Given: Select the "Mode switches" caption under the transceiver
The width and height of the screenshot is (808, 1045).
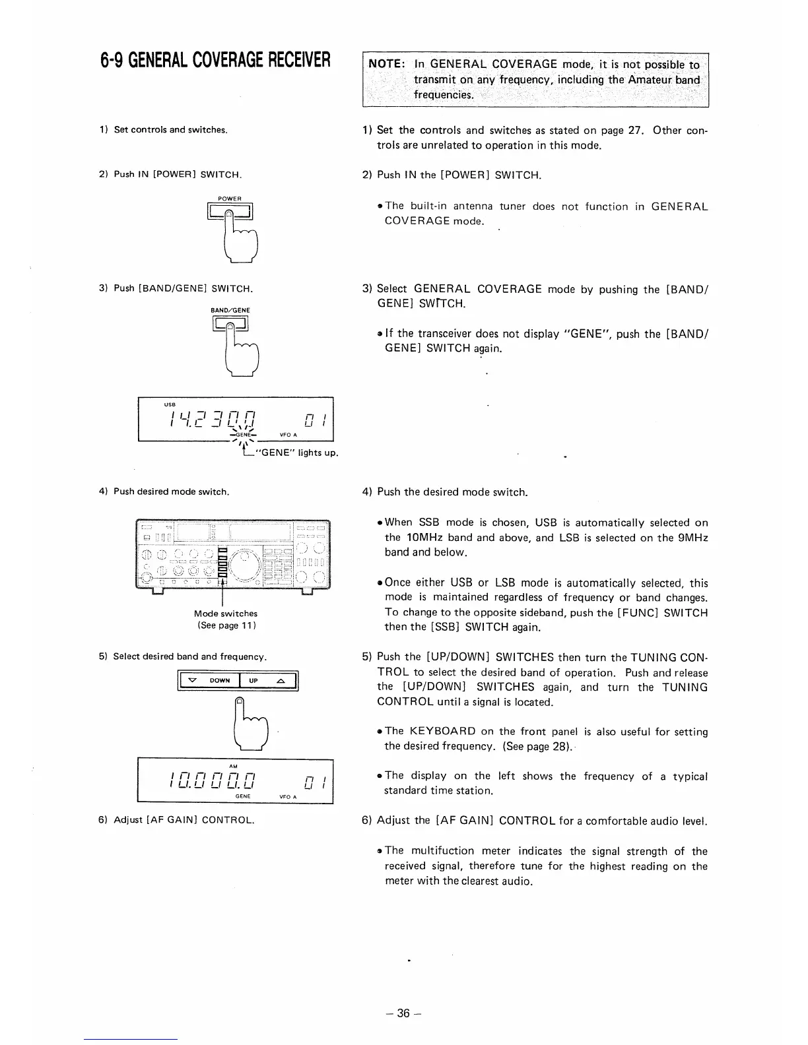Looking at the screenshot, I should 226,614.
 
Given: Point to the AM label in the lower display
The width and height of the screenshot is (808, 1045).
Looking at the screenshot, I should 233,766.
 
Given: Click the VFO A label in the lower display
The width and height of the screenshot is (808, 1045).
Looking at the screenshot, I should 288,796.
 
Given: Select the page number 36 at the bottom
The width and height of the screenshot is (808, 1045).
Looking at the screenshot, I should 403,1013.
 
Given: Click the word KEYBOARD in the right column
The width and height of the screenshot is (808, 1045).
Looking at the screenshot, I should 442,731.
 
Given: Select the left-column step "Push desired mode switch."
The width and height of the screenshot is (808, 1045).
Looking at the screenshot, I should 171,491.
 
